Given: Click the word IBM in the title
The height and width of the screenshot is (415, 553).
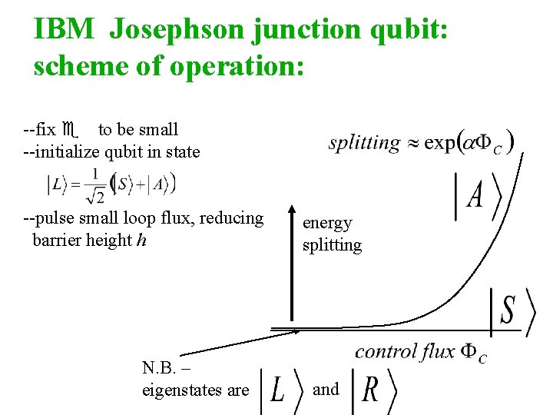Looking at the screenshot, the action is tap(65, 29).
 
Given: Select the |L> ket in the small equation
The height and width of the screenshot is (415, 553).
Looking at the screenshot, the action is tap(58, 184).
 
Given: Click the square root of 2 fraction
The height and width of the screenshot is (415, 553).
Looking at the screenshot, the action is tap(96, 187).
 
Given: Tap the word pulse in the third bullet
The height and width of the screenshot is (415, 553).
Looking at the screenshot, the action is tap(57, 218).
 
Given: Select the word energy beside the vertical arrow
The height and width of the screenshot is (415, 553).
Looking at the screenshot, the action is tap(327, 223).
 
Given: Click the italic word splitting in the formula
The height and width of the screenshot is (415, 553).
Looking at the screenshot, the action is tap(364, 143).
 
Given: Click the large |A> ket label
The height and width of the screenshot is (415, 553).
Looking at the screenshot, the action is tap(478, 196).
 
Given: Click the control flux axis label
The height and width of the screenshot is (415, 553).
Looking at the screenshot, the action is tap(420, 353).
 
